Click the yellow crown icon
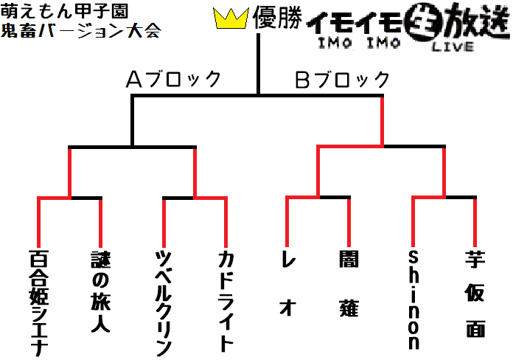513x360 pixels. (x=231, y=18)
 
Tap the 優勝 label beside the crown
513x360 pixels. (x=277, y=18)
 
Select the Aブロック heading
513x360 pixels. (x=173, y=79)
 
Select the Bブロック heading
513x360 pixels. (x=343, y=80)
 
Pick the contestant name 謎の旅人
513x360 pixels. (x=101, y=291)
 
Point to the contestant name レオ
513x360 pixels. (x=288, y=283)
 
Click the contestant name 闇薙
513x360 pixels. (x=349, y=284)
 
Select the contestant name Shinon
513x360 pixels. (x=413, y=300)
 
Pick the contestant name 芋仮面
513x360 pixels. (x=475, y=294)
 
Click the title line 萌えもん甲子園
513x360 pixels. (x=64, y=12)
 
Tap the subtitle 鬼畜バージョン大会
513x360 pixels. (x=81, y=30)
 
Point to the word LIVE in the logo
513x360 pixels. (x=453, y=46)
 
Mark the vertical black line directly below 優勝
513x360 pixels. (x=258, y=64)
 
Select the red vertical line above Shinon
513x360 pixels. (x=413, y=222)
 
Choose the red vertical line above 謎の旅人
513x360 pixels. (x=101, y=223)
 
